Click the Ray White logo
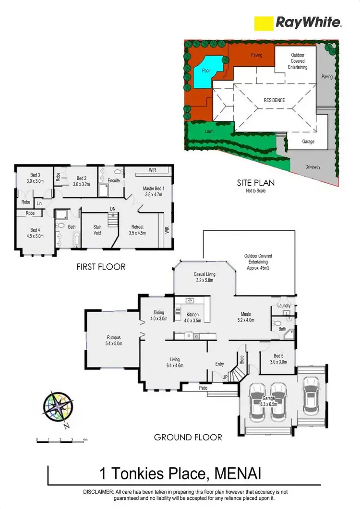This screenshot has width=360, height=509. click(x=297, y=22)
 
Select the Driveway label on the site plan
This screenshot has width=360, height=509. click(x=312, y=167)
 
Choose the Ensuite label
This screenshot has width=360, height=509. click(x=113, y=181)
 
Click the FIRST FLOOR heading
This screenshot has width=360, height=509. click(x=101, y=266)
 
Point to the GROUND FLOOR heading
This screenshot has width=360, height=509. click(x=188, y=437)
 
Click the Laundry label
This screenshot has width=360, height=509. click(x=284, y=306)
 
